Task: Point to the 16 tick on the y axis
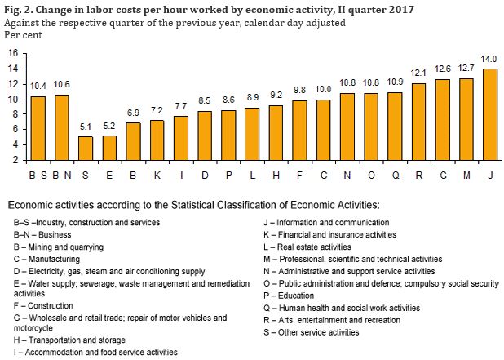[x=12, y=53]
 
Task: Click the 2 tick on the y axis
[x=15, y=160]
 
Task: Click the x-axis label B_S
[x=38, y=174]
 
